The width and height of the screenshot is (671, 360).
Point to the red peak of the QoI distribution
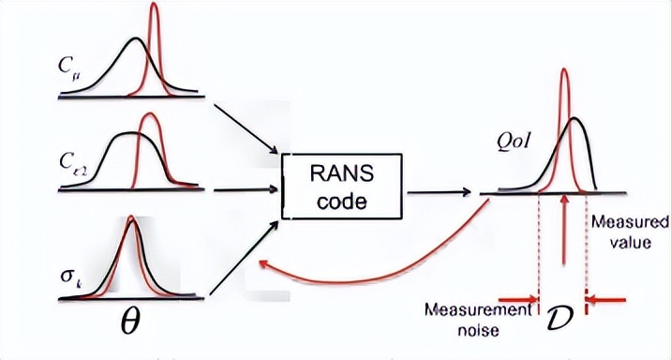pos(564,71)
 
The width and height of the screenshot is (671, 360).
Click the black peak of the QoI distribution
pos(574,120)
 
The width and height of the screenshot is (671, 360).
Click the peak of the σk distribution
pos(131,222)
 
